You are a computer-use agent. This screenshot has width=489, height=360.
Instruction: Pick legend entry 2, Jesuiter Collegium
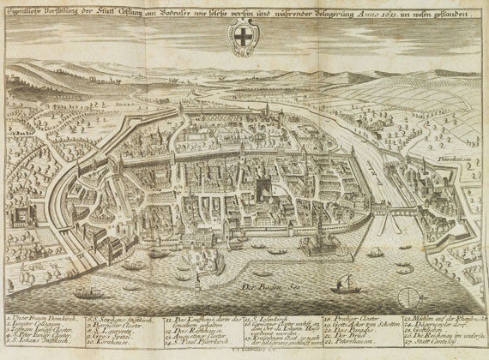point(36,326)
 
